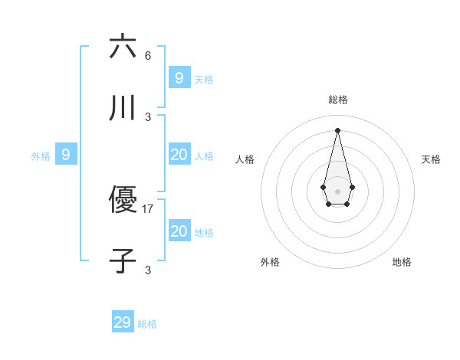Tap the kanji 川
tap(123, 109)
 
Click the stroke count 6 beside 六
tap(148, 56)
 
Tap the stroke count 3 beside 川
tap(148, 117)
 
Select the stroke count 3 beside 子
tap(148, 270)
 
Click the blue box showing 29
tap(123, 322)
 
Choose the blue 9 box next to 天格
tap(179, 77)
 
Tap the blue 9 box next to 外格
tap(66, 155)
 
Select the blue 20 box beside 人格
tap(179, 155)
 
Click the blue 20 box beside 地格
tap(179, 231)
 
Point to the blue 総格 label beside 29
tap(147, 324)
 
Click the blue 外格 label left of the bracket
tap(41, 156)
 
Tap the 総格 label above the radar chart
tap(338, 100)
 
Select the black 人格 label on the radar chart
tap(245, 159)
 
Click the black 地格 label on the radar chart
tap(402, 262)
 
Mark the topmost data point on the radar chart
tap(338, 129)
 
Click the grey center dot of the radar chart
tap(338, 191)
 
